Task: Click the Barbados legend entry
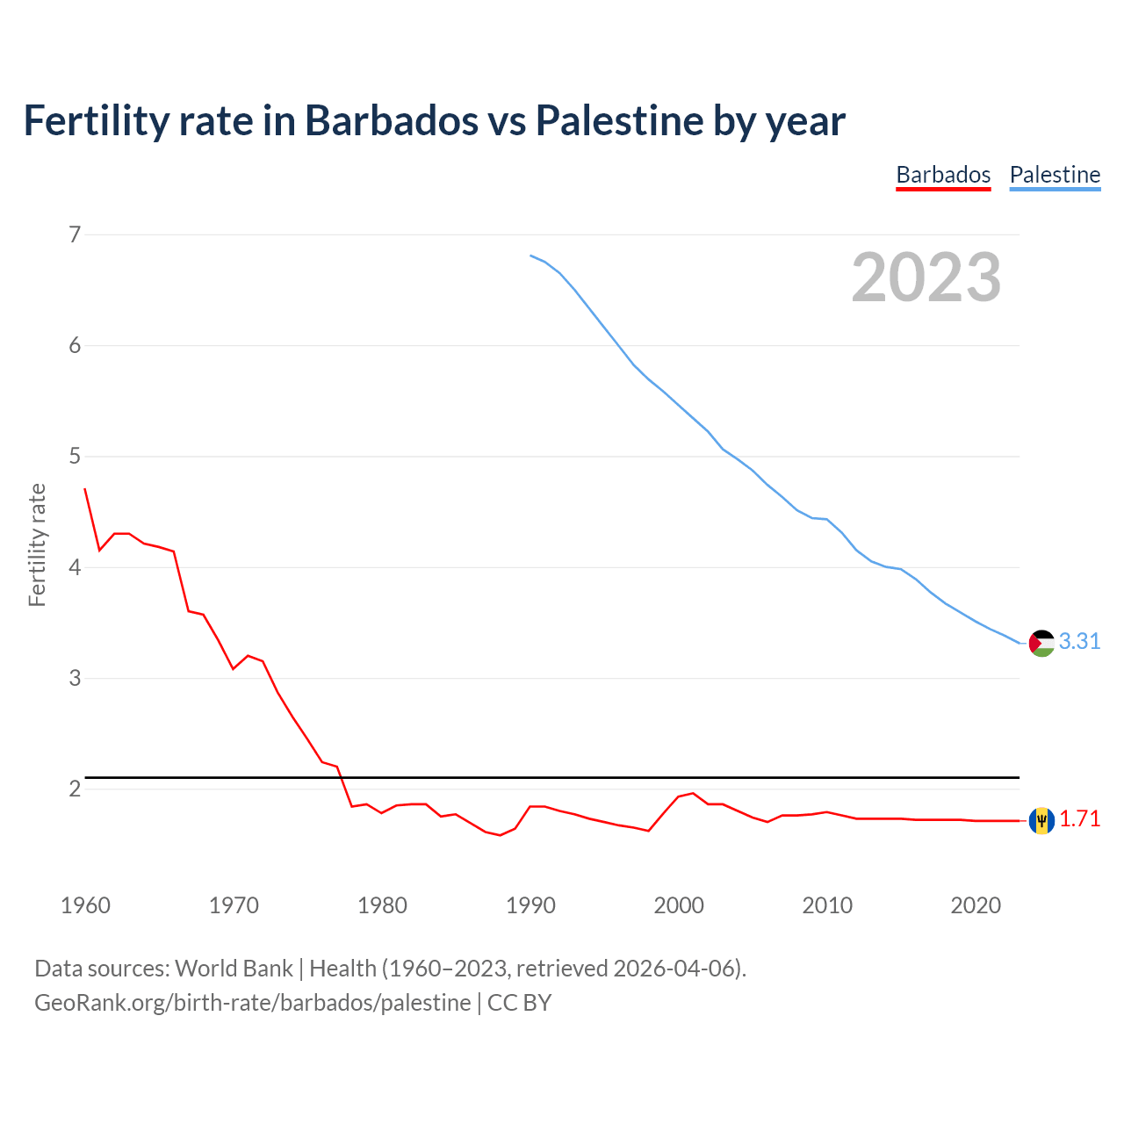tap(943, 175)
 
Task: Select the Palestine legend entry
tap(1055, 175)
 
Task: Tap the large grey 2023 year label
tap(926, 277)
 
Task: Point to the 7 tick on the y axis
tap(75, 234)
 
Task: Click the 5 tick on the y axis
tap(75, 457)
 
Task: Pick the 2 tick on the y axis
tap(75, 789)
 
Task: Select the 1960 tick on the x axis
tap(85, 905)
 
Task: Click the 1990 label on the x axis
tap(530, 905)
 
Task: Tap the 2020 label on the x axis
tap(976, 905)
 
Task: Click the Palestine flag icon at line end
tap(1041, 644)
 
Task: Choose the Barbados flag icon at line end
tap(1041, 820)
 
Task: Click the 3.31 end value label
tap(1079, 642)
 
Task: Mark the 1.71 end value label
tap(1079, 819)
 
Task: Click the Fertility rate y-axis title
tap(37, 544)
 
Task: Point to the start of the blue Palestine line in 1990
tap(530, 256)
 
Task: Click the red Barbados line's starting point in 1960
tap(85, 489)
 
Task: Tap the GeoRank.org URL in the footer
tap(253, 1003)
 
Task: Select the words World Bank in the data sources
tap(234, 969)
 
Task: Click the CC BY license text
tap(519, 1003)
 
